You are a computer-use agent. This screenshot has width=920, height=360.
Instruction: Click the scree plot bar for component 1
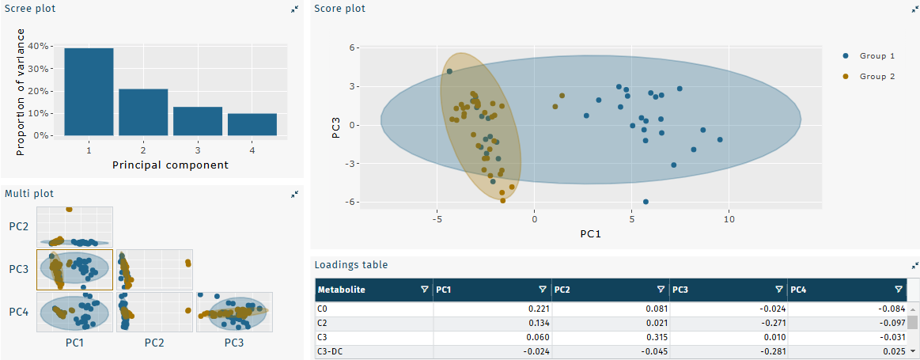[89, 91]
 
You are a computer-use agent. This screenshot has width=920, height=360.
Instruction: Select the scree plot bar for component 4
[252, 124]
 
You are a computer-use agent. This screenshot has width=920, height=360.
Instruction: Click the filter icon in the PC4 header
[898, 290]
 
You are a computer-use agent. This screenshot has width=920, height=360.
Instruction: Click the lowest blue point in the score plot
[646, 202]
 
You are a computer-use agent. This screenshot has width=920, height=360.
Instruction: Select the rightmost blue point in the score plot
[720, 139]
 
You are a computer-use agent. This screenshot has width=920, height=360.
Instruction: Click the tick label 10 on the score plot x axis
[729, 218]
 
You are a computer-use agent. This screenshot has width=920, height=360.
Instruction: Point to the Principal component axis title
[170, 165]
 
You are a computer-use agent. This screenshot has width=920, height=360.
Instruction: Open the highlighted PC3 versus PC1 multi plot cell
[74, 270]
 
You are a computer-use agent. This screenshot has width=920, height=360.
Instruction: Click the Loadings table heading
[350, 265]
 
